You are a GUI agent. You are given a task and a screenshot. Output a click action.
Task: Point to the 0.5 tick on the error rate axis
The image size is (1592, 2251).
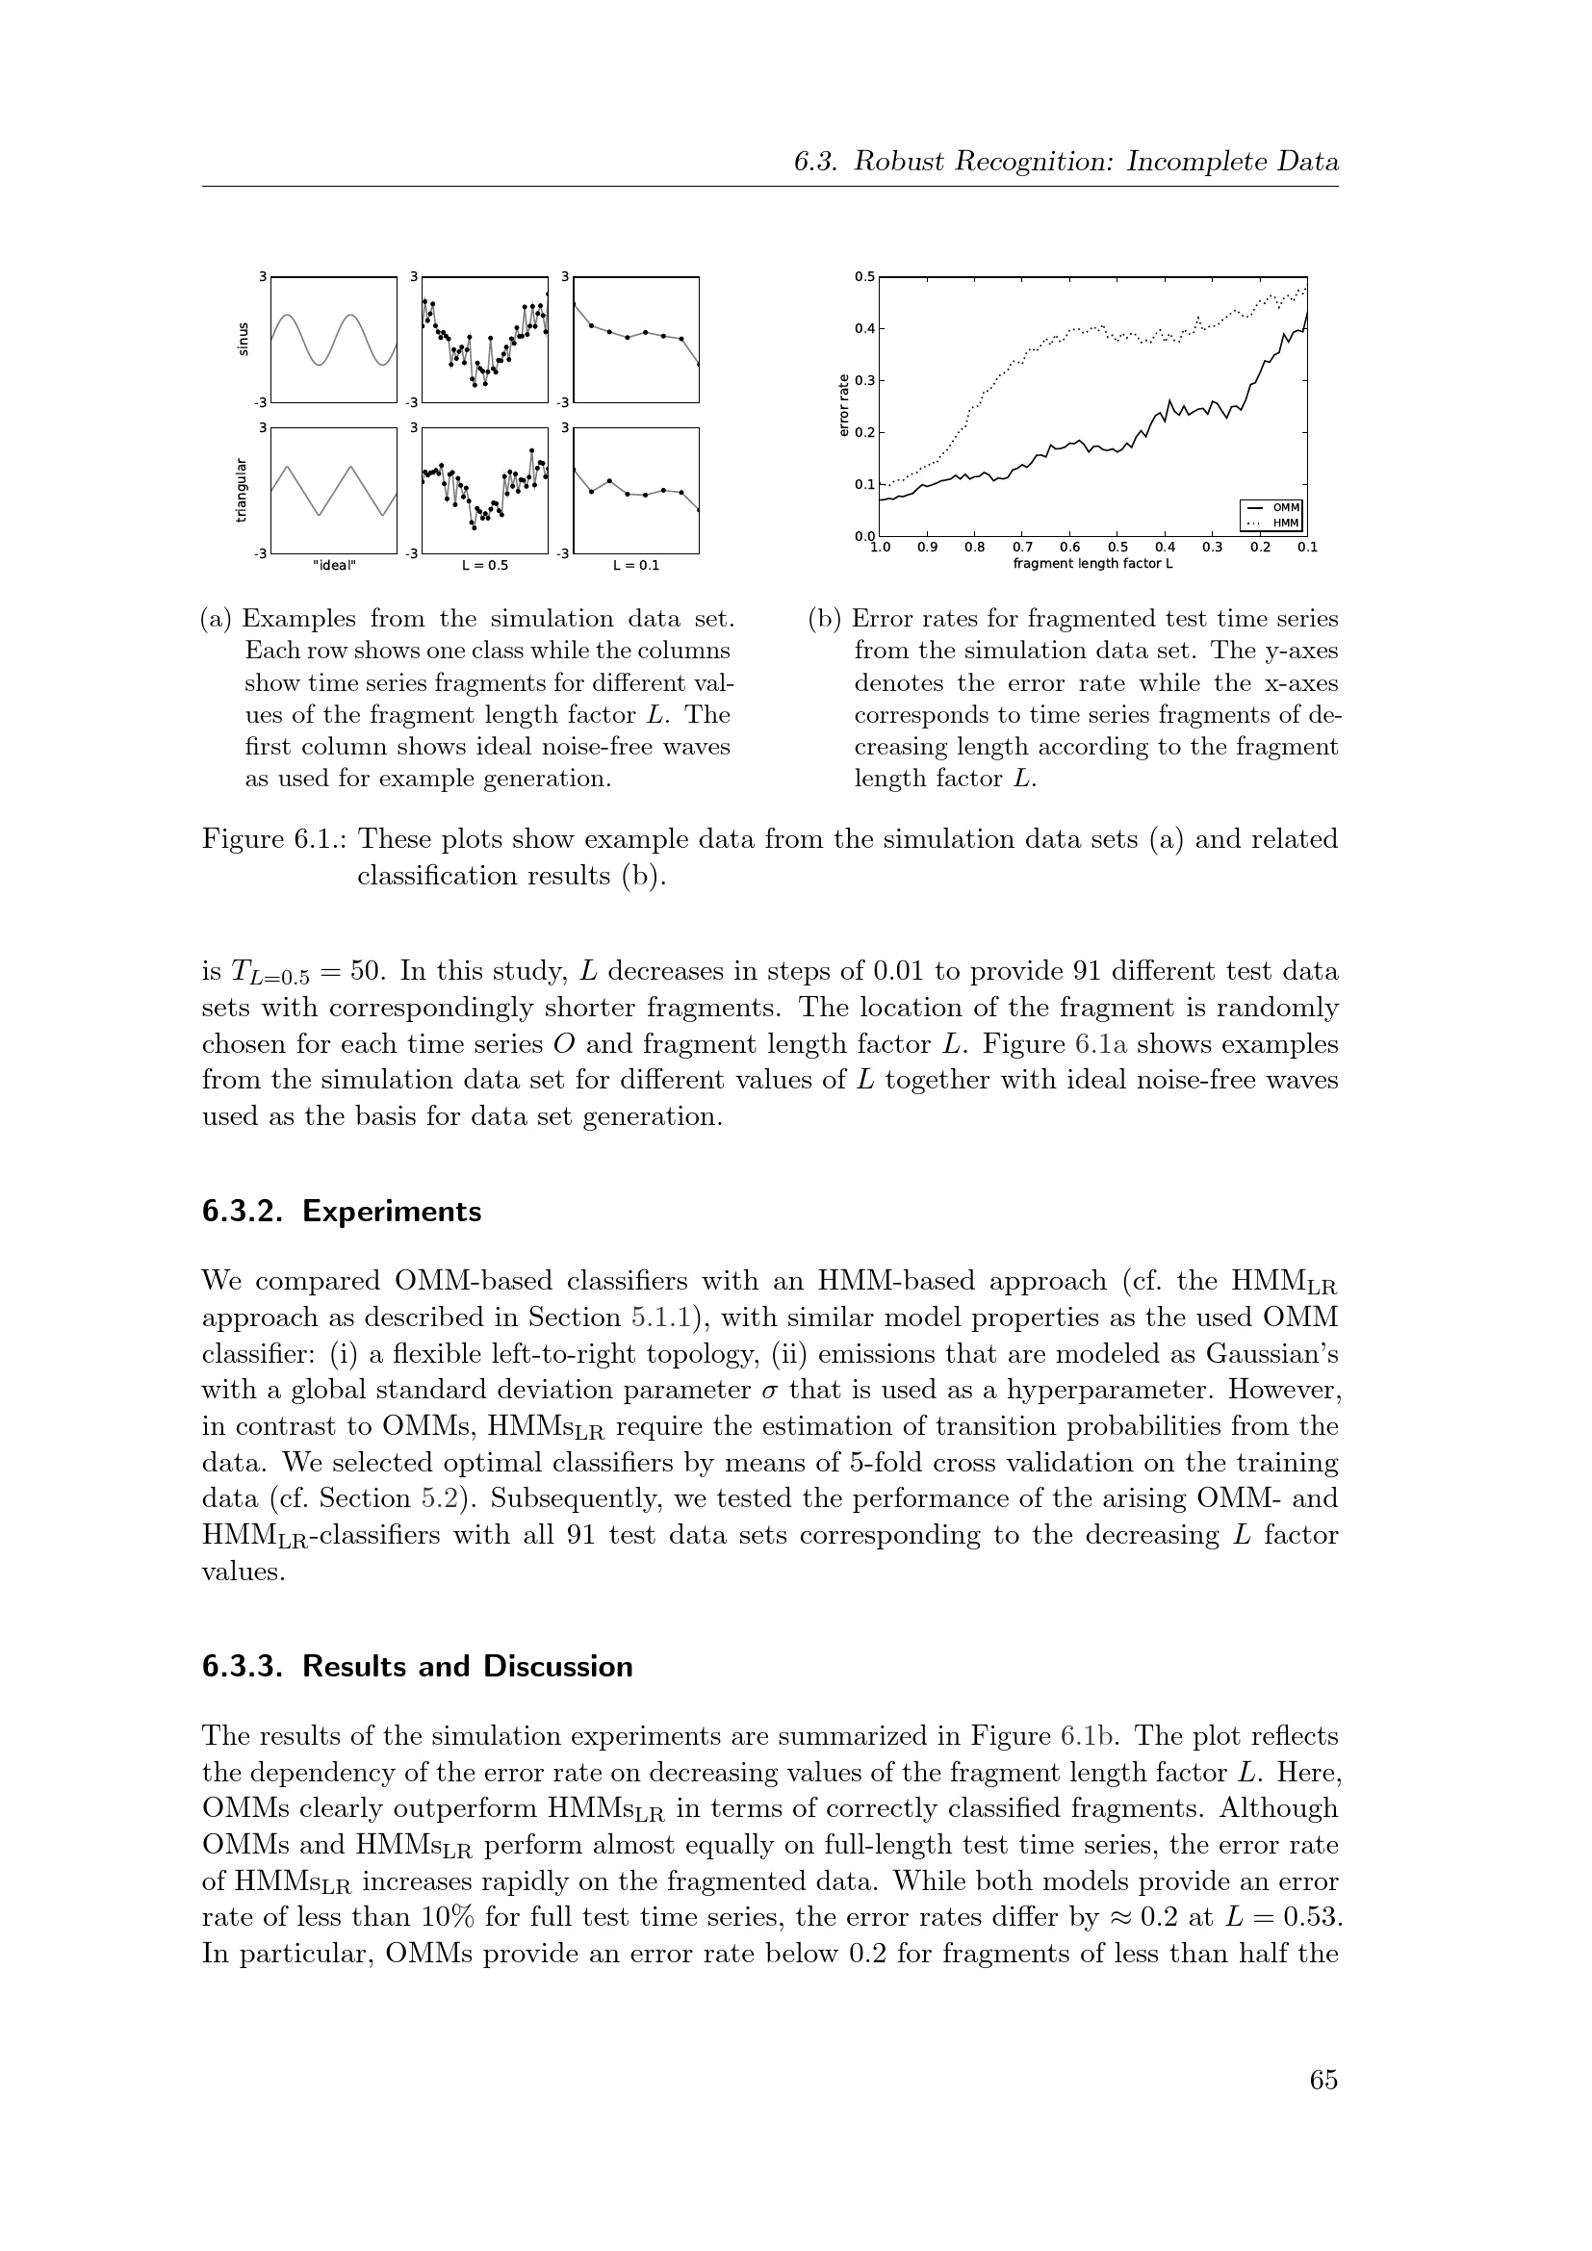(864, 276)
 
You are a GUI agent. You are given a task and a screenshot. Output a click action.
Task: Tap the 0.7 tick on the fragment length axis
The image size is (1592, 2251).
(1022, 547)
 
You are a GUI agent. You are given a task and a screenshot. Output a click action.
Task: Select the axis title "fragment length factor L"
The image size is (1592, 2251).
(1093, 564)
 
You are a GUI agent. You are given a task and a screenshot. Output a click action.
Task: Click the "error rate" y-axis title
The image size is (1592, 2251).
(844, 406)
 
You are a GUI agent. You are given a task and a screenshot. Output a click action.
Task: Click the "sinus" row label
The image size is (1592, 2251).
(244, 338)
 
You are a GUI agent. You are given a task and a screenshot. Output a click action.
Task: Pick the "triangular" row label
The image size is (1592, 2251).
(242, 489)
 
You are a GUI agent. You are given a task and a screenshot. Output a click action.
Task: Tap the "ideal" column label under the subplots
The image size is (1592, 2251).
(334, 566)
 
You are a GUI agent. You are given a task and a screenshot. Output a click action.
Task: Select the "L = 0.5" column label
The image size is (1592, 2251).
(485, 566)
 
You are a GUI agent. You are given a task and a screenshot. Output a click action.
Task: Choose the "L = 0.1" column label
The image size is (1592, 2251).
(636, 566)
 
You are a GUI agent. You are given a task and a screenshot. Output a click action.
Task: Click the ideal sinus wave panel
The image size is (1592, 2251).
(334, 339)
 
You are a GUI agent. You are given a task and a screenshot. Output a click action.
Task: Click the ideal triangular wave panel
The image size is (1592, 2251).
(334, 490)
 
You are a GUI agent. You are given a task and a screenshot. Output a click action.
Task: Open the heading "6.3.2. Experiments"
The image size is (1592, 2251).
(342, 1212)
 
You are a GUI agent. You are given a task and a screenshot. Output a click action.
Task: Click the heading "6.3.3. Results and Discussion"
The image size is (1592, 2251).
(418, 1667)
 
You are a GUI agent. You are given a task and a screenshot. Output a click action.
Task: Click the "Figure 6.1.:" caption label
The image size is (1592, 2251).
(274, 840)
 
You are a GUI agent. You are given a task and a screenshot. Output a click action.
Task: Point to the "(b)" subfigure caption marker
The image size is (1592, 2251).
(825, 620)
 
